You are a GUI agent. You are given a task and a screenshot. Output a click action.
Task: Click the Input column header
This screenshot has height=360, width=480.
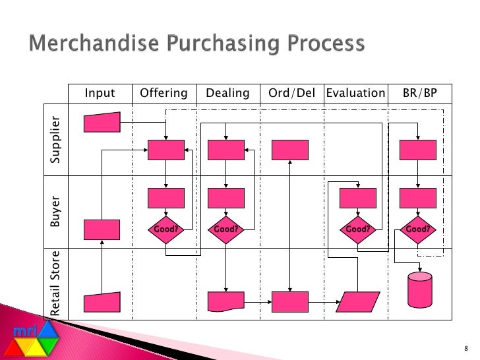pyautogui.click(x=100, y=94)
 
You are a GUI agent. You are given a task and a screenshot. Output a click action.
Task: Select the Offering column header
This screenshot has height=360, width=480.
pyautogui.click(x=164, y=94)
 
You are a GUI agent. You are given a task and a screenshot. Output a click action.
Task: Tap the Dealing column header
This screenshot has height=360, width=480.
pyautogui.click(x=227, y=94)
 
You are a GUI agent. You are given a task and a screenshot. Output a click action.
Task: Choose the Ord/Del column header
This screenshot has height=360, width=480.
pyautogui.click(x=292, y=94)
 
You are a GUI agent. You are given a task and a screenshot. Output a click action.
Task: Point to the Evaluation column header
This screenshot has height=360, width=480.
pyautogui.click(x=355, y=94)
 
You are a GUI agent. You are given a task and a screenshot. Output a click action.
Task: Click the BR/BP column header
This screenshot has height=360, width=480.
pyautogui.click(x=419, y=94)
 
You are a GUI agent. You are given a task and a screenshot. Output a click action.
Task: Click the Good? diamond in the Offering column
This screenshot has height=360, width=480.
pyautogui.click(x=166, y=229)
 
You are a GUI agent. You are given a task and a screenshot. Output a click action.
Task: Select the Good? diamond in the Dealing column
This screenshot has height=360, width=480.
pyautogui.click(x=226, y=229)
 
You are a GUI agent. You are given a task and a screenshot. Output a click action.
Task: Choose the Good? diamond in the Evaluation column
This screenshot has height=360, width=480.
pyautogui.click(x=357, y=229)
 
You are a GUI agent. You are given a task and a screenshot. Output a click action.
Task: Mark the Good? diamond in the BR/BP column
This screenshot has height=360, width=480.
pyautogui.click(x=418, y=229)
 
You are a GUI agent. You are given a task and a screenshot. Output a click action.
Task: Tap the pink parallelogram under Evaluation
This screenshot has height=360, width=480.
pyautogui.click(x=357, y=302)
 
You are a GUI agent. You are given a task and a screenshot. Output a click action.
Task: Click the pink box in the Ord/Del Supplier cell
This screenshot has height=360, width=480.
pyautogui.click(x=290, y=150)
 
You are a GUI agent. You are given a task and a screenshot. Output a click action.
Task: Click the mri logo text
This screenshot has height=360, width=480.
pyautogui.click(x=26, y=330)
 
